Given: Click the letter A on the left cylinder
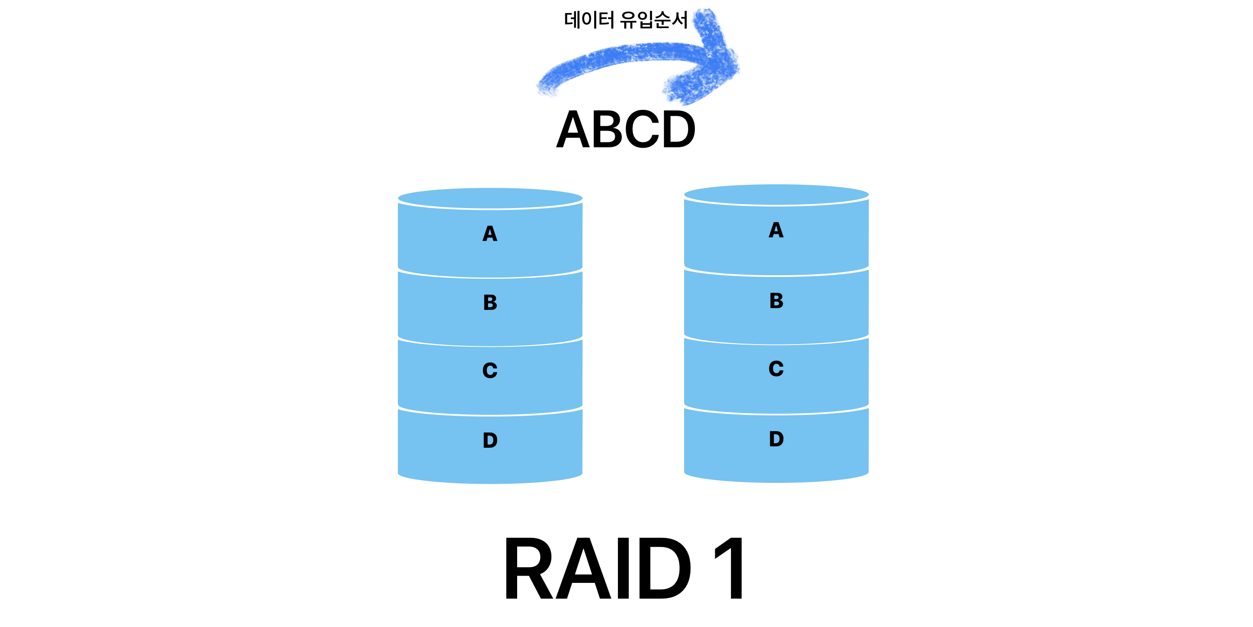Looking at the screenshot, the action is pyautogui.click(x=490, y=234).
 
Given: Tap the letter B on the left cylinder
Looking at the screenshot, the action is pyautogui.click(x=490, y=303).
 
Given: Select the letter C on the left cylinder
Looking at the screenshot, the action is pyautogui.click(x=490, y=371).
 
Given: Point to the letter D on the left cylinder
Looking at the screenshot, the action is pyautogui.click(x=490, y=441).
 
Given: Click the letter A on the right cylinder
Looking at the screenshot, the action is pyautogui.click(x=776, y=230).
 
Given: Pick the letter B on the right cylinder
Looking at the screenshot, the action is pyautogui.click(x=776, y=301).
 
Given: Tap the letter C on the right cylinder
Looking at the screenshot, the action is pyautogui.click(x=776, y=369).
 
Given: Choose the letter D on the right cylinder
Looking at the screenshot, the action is pyautogui.click(x=776, y=439).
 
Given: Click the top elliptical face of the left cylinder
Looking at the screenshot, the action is pyautogui.click(x=490, y=198).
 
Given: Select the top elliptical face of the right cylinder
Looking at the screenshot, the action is pyautogui.click(x=776, y=195).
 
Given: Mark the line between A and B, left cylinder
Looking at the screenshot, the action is pyautogui.click(x=490, y=277).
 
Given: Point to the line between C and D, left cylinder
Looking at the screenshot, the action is pyautogui.click(x=490, y=415).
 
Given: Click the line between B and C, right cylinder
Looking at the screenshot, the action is pyautogui.click(x=776, y=344).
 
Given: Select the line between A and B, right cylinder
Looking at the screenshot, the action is pyautogui.click(x=776, y=275).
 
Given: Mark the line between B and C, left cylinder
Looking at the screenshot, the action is pyautogui.click(x=490, y=346).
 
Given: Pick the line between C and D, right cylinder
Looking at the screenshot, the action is pyautogui.click(x=776, y=414).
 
